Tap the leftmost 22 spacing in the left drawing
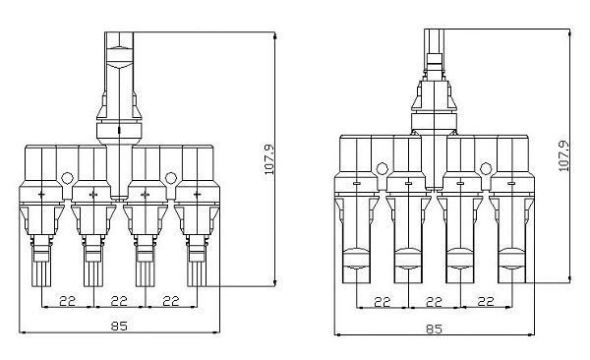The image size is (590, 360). pyautogui.click(x=68, y=299)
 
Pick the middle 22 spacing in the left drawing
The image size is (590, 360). pyautogui.click(x=120, y=299)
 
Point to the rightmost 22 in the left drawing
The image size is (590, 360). pyautogui.click(x=171, y=299)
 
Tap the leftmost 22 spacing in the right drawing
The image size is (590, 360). pyautogui.click(x=382, y=301)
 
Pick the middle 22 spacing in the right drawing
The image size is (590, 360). pyautogui.click(x=434, y=301)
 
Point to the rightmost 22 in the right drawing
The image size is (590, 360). pyautogui.click(x=485, y=301)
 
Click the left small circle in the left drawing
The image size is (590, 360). pyautogui.click(x=67, y=179)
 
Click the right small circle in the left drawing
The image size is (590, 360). pyautogui.click(x=171, y=179)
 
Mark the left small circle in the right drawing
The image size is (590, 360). pyautogui.click(x=381, y=165)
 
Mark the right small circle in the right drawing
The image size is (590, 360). pyautogui.click(x=485, y=165)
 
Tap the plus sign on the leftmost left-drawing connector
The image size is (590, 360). pyautogui.click(x=41, y=196)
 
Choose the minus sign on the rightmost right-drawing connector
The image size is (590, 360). pyautogui.click(x=511, y=183)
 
